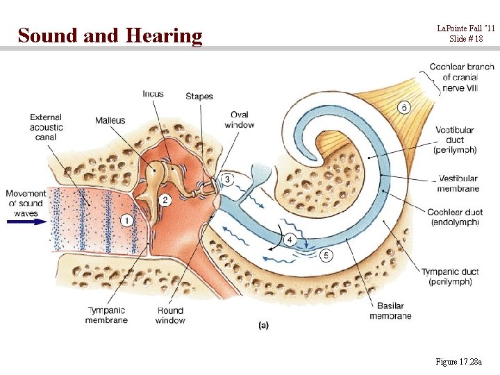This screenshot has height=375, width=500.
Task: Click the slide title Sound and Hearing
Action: click(110, 35)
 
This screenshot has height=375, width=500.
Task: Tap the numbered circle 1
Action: click(127, 221)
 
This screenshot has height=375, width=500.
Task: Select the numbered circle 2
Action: click(165, 201)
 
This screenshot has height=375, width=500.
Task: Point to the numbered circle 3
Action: click(228, 180)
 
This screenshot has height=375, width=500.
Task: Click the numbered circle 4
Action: click(290, 240)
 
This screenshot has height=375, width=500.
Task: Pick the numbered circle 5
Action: click(326, 256)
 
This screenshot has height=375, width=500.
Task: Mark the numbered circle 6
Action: click(403, 107)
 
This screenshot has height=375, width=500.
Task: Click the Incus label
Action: click(153, 94)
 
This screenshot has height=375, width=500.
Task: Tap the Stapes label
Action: click(199, 97)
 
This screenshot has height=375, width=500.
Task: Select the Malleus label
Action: click(110, 121)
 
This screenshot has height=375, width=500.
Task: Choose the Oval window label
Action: click(240, 119)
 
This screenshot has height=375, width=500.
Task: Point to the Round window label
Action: click(170, 315)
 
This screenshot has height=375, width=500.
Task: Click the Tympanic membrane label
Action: click(106, 315)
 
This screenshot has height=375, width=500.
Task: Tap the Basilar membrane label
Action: click(390, 310)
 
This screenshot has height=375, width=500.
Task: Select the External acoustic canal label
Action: click(47, 127)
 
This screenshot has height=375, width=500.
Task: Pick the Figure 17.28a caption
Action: click(462, 361)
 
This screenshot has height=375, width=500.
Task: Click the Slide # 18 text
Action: click(466, 39)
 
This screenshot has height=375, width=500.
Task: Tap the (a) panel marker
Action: click(264, 325)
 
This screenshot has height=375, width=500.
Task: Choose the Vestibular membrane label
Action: click(458, 183)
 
